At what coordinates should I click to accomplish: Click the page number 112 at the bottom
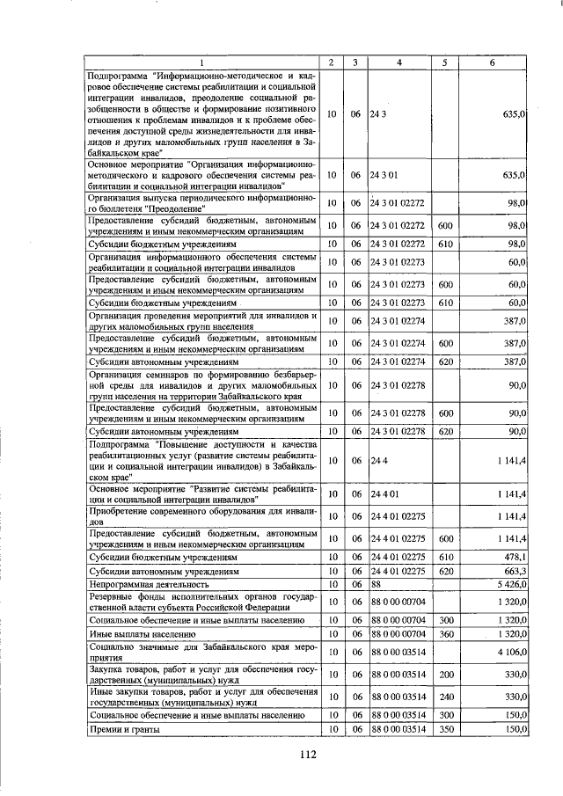(306, 754)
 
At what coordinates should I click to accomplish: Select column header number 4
(399, 62)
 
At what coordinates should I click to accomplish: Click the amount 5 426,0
(511, 583)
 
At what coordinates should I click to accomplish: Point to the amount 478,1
(515, 557)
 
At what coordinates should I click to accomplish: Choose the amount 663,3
(515, 570)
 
